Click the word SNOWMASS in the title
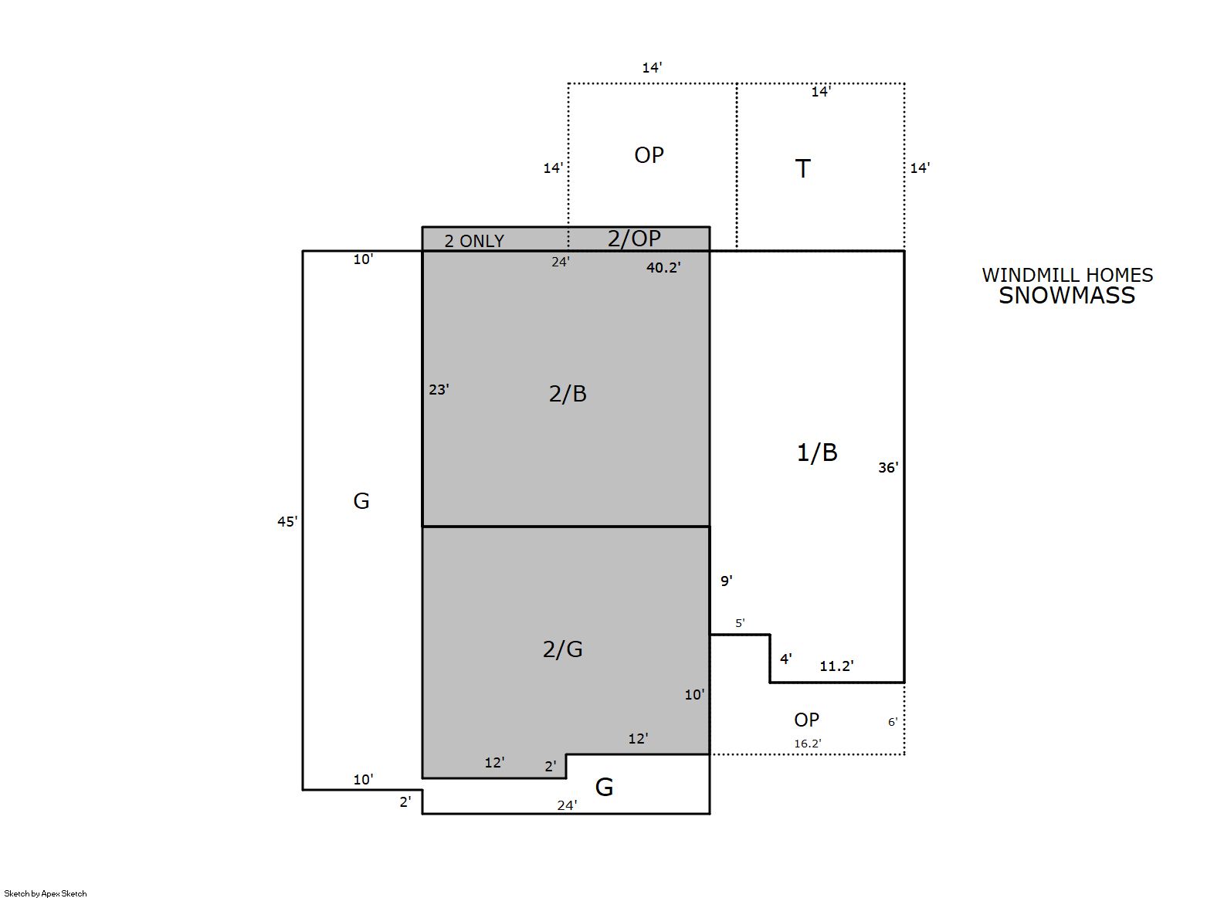tap(1066, 296)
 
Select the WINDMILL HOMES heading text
tap(1067, 275)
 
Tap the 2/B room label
tap(568, 394)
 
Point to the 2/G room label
tap(562, 649)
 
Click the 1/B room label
tap(817, 452)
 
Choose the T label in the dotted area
tap(802, 168)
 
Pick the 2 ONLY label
tap(473, 241)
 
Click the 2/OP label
tap(634, 238)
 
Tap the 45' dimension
tap(287, 522)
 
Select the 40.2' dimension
tap(663, 267)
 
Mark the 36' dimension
tap(888, 467)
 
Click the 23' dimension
tap(439, 389)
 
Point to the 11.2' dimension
tap(836, 666)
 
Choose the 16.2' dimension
tap(808, 744)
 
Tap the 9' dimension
tap(726, 581)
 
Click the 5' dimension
tap(740, 622)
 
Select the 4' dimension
tap(786, 659)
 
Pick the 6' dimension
tap(892, 722)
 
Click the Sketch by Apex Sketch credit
tap(46, 893)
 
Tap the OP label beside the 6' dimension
tap(806, 720)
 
